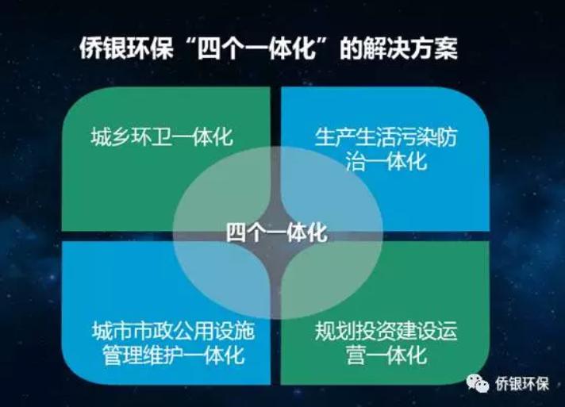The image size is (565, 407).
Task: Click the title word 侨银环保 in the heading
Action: click(x=126, y=48)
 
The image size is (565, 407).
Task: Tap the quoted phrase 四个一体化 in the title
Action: click(x=257, y=48)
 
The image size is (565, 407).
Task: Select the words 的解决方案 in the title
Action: click(x=399, y=48)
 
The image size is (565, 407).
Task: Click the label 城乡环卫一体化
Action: click(x=162, y=137)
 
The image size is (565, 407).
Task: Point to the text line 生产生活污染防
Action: click(x=386, y=137)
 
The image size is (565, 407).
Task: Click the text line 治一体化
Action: click(x=386, y=161)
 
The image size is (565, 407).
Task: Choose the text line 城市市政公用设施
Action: click(x=173, y=331)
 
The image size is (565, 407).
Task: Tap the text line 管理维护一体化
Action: click(x=173, y=355)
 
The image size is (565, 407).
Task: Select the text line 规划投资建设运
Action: click(x=386, y=331)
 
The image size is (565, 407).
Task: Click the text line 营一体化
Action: click(x=386, y=355)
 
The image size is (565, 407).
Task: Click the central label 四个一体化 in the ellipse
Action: click(x=277, y=232)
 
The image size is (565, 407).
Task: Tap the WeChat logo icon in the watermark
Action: click(x=478, y=383)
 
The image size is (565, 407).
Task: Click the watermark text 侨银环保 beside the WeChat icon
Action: click(x=522, y=383)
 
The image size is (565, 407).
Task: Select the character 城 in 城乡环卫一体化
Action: click(x=101, y=137)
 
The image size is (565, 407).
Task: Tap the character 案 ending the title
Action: click(x=447, y=48)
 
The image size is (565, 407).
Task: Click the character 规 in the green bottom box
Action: click(x=325, y=331)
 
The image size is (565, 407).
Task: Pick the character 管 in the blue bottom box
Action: click(x=112, y=355)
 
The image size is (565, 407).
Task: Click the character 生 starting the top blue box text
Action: click(x=325, y=137)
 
